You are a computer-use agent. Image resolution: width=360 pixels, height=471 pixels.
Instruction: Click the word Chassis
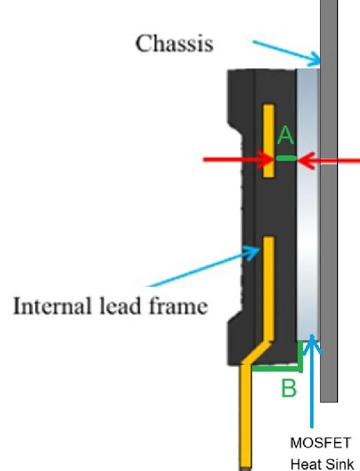(x=174, y=43)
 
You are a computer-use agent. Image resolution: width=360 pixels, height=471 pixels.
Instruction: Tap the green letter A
(x=286, y=135)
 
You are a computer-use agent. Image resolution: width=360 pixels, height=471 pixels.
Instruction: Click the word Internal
(x=51, y=306)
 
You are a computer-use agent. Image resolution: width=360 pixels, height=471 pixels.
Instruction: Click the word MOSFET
(x=321, y=443)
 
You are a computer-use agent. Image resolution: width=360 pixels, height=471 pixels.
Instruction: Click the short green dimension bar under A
(x=286, y=158)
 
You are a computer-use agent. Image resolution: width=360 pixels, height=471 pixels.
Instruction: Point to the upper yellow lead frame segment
(x=269, y=141)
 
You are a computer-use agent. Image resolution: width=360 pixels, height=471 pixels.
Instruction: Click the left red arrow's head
(x=269, y=159)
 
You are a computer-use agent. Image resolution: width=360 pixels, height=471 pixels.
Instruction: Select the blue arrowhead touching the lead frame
(x=253, y=252)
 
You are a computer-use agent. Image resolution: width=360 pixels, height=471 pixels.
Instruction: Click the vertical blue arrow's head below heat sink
(x=312, y=344)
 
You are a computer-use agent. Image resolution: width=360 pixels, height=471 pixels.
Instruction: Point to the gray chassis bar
(x=329, y=201)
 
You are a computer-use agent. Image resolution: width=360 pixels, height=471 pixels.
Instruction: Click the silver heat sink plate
(x=308, y=204)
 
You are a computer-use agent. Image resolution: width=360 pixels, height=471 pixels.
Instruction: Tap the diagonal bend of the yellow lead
(x=257, y=352)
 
